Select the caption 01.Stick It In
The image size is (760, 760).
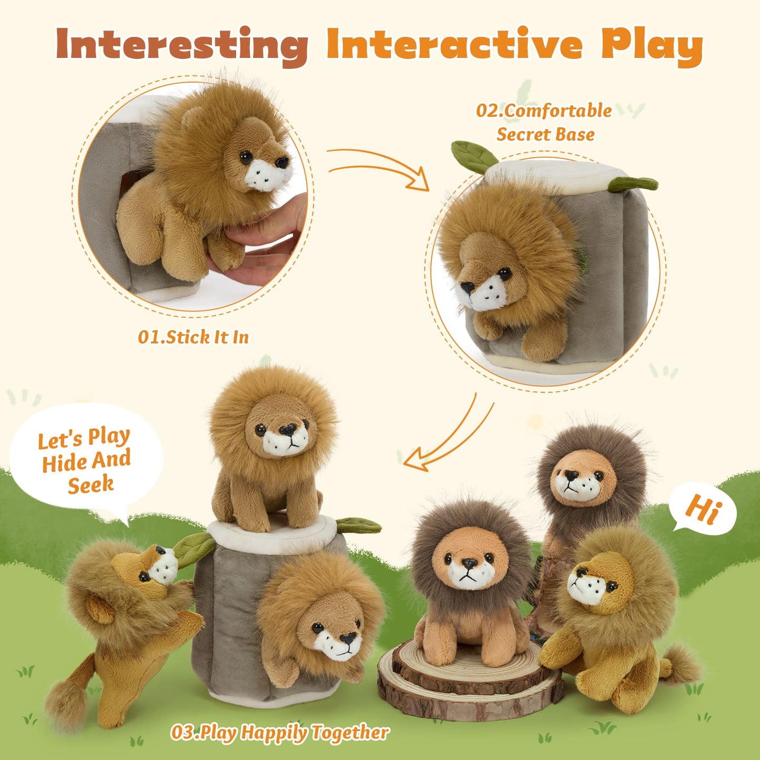click(x=193, y=337)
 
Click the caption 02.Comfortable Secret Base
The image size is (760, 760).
click(x=545, y=123)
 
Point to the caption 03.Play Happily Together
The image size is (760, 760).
click(x=280, y=732)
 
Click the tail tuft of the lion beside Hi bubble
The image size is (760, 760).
click(x=681, y=665)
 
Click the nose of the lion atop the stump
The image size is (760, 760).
click(x=287, y=430)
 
